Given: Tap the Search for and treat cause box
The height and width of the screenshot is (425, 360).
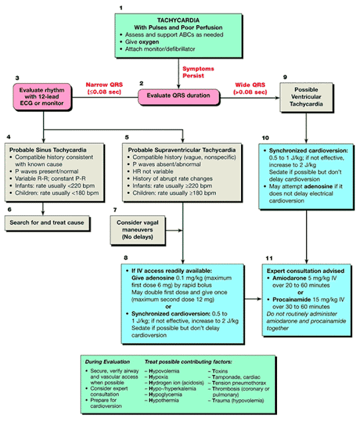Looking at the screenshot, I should (47, 222).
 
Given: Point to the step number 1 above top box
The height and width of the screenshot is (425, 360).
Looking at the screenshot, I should (122, 6).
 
